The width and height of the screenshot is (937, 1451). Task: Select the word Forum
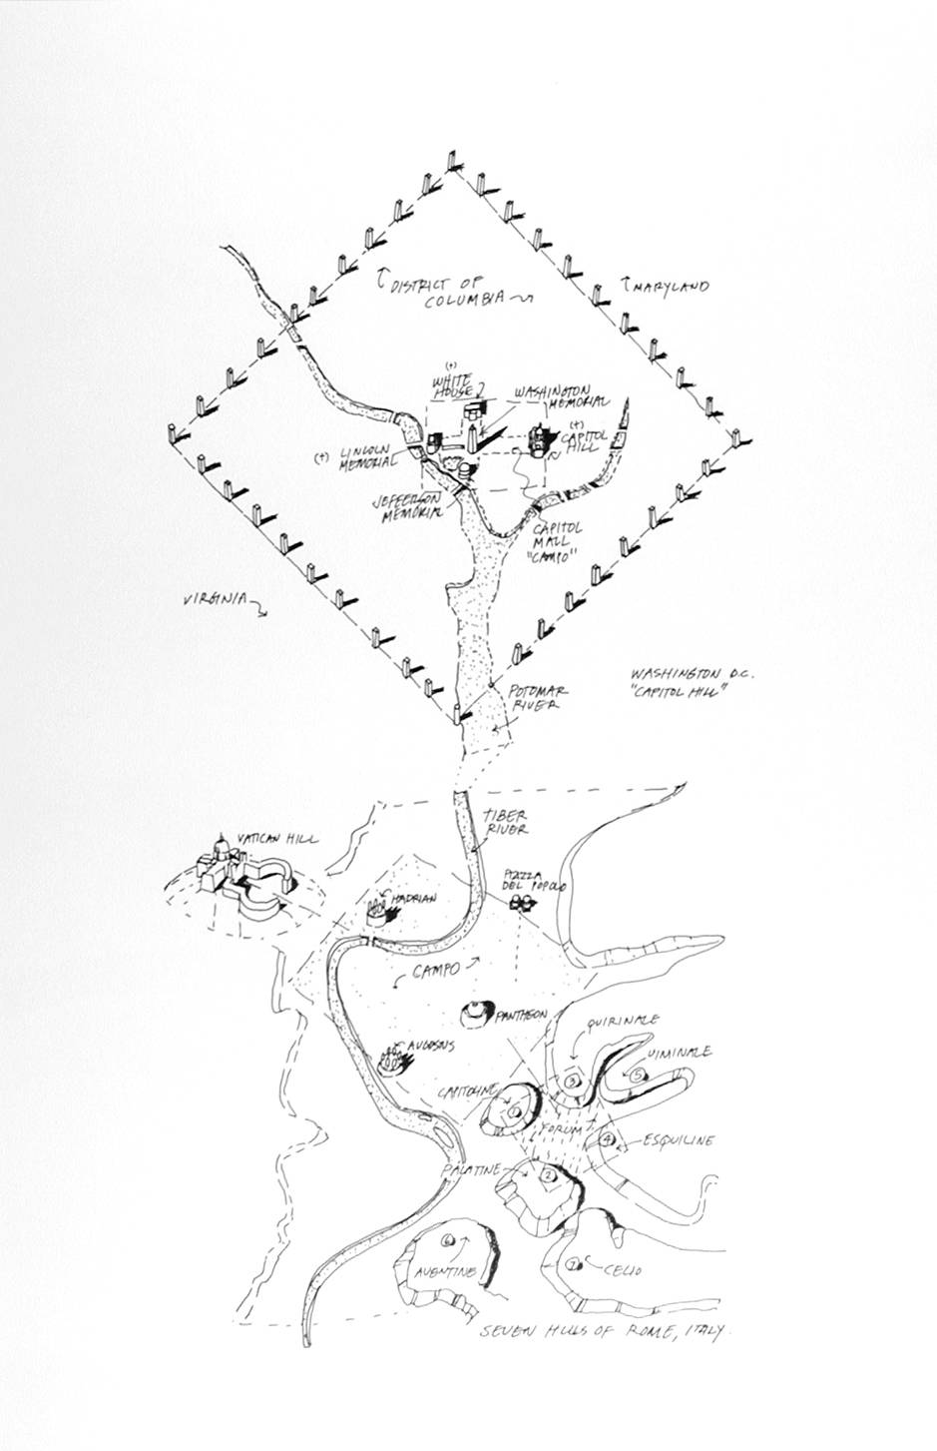[x=561, y=1128]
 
